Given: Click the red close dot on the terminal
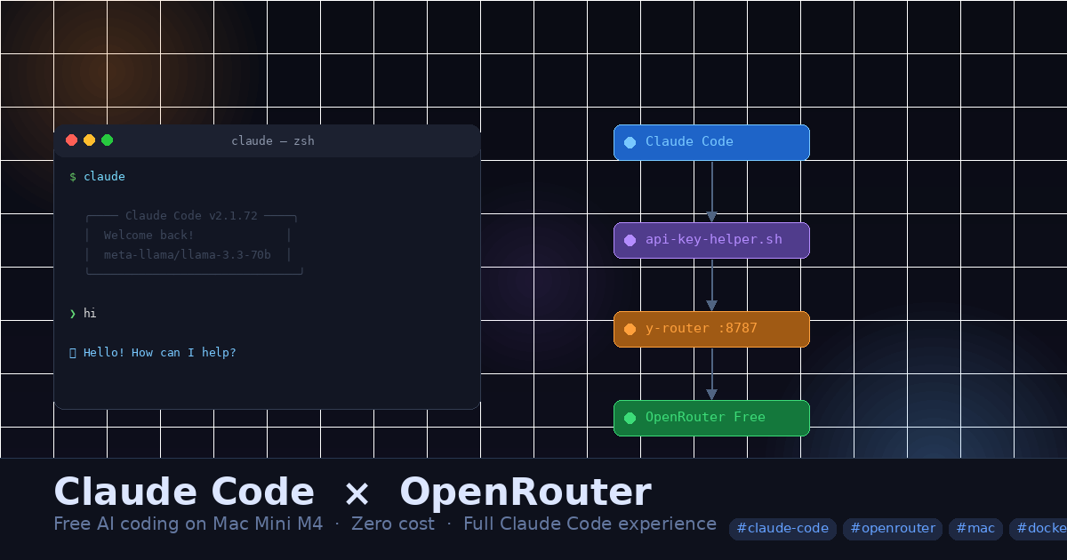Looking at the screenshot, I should tap(72, 140).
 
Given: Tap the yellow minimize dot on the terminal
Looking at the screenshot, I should tap(90, 140).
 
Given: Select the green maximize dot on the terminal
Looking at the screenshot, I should tap(108, 140).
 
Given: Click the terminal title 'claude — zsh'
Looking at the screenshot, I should tap(273, 141).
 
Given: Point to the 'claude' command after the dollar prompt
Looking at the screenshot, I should tap(104, 177).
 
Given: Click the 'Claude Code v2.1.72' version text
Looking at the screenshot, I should tap(191, 216).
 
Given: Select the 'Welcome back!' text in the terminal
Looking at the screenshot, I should tap(148, 236).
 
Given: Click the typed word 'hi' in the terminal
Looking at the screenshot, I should tap(90, 314).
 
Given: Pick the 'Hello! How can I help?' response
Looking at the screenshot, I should tap(160, 353).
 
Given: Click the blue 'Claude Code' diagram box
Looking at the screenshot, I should tap(711, 142).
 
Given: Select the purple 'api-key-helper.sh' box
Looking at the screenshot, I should tap(711, 240).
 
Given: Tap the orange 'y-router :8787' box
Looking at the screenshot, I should tap(711, 329).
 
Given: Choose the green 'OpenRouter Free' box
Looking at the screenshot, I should tap(711, 418).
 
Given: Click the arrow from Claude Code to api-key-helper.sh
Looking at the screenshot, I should tap(711, 192).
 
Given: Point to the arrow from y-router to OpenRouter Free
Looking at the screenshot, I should tap(711, 374).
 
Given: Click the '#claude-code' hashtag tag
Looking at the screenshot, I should tap(782, 529).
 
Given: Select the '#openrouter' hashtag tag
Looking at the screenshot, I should tap(893, 529).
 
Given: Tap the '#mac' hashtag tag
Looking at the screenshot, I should tap(975, 529).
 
